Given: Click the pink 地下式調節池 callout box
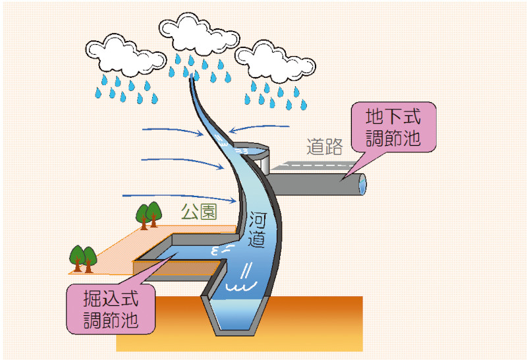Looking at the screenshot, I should tap(393, 129).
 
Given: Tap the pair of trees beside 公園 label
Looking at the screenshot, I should tap(149, 214).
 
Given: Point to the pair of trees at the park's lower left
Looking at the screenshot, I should tap(83, 257).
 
